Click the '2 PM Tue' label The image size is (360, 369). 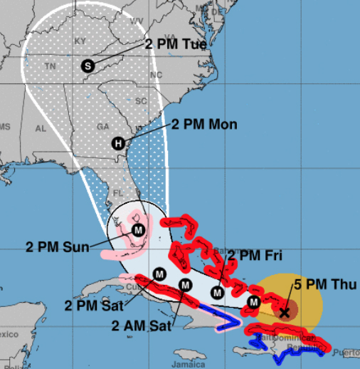[176, 44]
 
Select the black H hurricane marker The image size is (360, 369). [118, 142]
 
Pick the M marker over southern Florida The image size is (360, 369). [139, 230]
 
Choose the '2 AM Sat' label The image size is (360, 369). [142, 327]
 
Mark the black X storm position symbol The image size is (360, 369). [285, 311]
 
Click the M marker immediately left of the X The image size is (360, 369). [253, 304]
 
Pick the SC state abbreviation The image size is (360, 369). [142, 100]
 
